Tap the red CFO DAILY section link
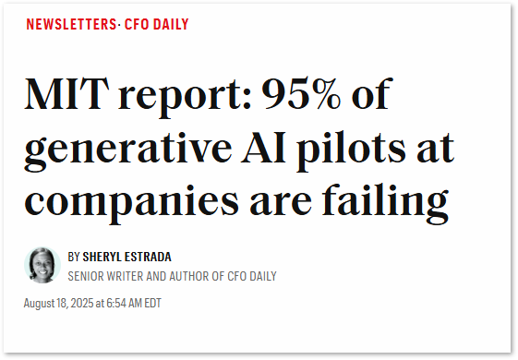click(x=157, y=25)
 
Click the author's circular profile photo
click(x=42, y=265)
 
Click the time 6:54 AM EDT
click(x=135, y=302)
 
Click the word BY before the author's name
click(x=74, y=257)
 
